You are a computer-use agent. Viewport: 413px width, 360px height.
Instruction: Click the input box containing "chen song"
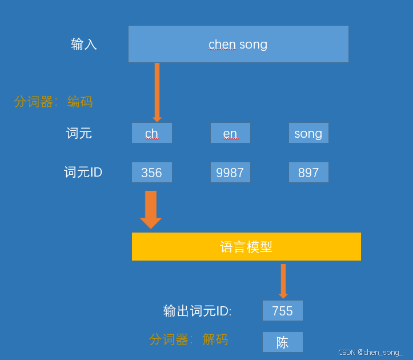point(238,44)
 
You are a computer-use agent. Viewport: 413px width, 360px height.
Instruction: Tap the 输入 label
point(84,44)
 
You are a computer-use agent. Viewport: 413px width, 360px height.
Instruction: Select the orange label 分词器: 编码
point(53,102)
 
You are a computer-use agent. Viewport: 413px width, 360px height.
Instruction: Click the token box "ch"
point(151,133)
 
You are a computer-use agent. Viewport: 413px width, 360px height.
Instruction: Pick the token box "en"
point(230,133)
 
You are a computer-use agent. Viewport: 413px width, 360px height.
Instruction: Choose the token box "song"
point(308,133)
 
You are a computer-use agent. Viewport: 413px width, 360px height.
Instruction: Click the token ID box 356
point(151,173)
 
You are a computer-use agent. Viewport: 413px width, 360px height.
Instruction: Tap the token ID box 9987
point(230,173)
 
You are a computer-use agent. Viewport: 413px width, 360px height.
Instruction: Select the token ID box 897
point(308,173)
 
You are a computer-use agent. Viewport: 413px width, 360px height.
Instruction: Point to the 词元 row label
point(79,133)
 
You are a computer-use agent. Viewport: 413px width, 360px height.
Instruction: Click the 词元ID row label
point(83,172)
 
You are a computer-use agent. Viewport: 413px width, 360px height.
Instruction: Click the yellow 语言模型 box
point(246,246)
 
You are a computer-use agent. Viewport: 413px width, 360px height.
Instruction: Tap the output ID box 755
point(282,311)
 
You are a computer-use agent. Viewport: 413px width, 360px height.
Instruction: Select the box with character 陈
point(282,342)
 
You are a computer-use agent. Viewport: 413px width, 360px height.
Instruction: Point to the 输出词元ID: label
point(197,311)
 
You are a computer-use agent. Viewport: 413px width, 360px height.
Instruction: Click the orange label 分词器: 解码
point(189,339)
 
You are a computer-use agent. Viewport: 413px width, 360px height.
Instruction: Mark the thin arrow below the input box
point(157,91)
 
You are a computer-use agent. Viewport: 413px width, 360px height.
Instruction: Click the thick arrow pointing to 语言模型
point(151,209)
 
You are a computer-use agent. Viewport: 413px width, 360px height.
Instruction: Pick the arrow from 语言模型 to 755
point(283,281)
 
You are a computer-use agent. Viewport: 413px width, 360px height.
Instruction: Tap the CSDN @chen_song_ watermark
point(370,353)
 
